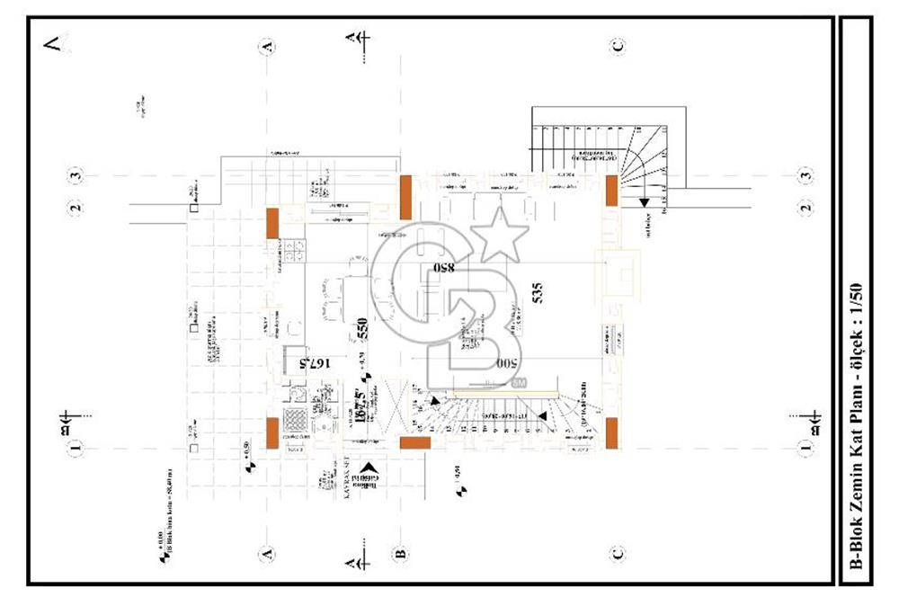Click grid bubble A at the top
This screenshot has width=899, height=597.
265,46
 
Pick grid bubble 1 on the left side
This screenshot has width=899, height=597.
76,445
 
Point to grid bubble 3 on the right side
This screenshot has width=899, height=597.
806,175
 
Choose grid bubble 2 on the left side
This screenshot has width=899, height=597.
76,209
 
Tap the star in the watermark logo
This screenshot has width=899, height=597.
500,236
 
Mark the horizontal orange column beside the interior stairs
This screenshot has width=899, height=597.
414,443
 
